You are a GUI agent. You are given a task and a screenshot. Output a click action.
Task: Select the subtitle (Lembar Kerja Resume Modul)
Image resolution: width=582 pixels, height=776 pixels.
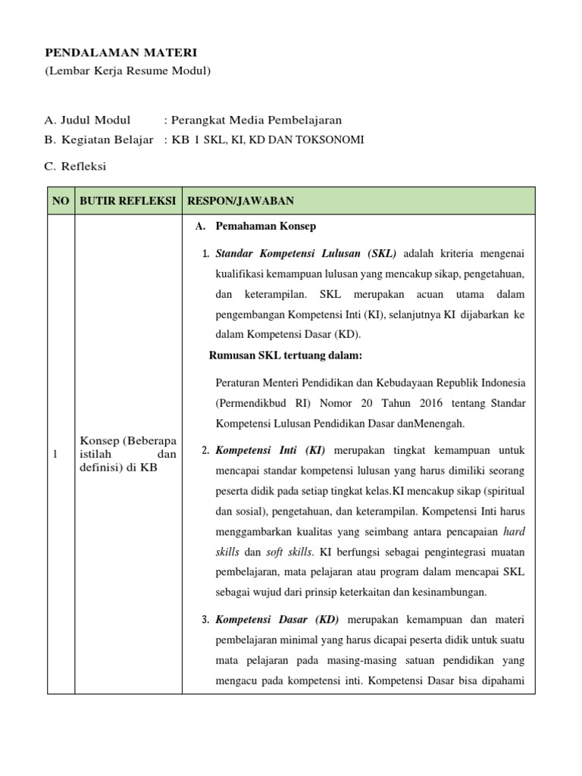tap(127, 71)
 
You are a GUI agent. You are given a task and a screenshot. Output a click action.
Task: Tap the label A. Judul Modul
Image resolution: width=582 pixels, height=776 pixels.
tap(87, 120)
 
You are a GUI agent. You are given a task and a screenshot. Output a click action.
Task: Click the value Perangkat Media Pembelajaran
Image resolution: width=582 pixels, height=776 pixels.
tap(256, 120)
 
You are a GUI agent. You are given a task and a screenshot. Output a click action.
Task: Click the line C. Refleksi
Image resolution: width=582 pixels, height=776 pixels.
tap(76, 166)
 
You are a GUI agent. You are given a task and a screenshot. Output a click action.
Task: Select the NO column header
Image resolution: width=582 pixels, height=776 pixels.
tap(61, 201)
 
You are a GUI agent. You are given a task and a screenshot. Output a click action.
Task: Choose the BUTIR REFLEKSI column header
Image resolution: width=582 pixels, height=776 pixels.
tap(128, 201)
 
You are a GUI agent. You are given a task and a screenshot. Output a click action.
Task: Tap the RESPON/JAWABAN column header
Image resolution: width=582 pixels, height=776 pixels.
tap(241, 201)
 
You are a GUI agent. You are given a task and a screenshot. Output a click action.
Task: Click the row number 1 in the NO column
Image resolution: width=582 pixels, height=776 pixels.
tap(55, 454)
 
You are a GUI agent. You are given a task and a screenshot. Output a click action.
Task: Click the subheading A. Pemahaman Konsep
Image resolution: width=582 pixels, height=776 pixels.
tap(255, 226)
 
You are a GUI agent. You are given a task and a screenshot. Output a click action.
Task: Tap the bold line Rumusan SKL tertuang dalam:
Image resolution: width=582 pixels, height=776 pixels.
tap(286, 355)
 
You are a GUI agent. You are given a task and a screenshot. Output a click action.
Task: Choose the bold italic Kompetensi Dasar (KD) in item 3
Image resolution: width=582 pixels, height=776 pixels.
tap(275, 621)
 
